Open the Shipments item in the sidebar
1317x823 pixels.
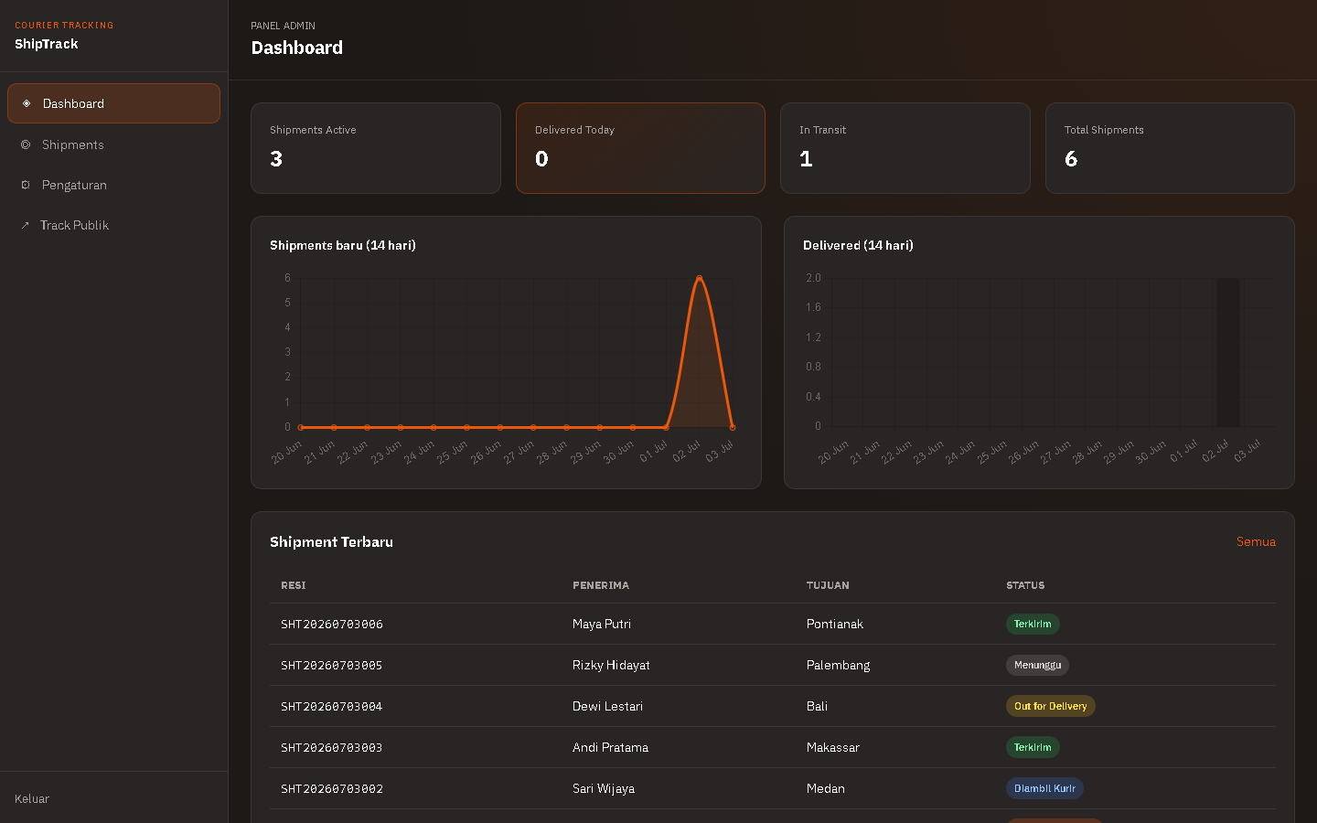tap(72, 144)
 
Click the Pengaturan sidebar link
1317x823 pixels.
tap(73, 185)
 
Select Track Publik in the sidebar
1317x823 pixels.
tap(74, 225)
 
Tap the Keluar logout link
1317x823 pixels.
tap(32, 798)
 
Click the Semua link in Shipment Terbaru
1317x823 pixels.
tap(1255, 541)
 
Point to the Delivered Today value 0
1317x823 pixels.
tap(541, 159)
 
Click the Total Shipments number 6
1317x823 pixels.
tap(1071, 159)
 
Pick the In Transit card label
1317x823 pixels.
tap(822, 130)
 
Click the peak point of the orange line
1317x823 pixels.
tap(699, 277)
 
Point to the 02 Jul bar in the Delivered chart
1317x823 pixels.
tap(1227, 352)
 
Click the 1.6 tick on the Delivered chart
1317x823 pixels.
tap(813, 307)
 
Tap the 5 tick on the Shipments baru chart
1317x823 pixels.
tap(287, 302)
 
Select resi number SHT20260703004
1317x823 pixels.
tap(332, 706)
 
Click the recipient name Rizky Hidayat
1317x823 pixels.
tap(611, 665)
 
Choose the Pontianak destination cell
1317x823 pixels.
tap(835, 624)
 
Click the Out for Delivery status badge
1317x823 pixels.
tap(1050, 706)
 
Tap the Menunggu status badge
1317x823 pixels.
tap(1037, 665)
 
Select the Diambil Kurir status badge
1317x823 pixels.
tap(1044, 788)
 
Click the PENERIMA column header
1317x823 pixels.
tap(600, 585)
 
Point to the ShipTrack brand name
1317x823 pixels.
tap(47, 44)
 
